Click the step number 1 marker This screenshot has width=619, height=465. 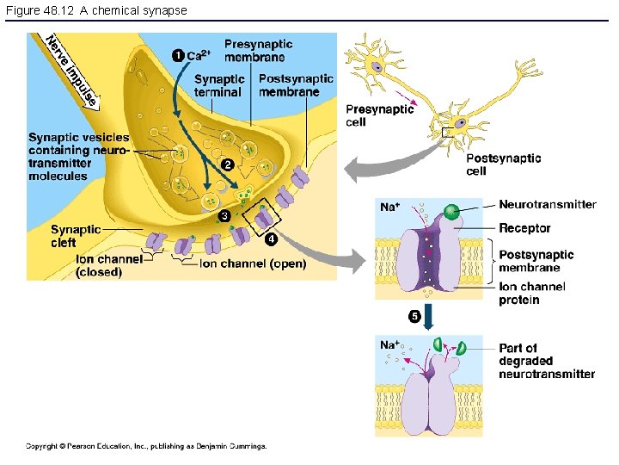176,56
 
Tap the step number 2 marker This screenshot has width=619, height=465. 228,164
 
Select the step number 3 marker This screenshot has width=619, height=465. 223,214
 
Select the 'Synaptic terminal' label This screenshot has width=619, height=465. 219,86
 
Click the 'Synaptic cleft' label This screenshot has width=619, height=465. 76,236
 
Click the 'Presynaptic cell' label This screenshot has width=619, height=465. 380,115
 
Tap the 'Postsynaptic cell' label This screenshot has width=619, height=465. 503,164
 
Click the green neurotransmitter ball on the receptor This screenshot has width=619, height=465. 450,212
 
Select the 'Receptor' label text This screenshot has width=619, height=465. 524,228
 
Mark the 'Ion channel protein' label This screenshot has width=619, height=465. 532,293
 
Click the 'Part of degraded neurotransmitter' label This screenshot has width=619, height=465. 546,361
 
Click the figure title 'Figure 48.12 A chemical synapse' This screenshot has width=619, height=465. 95,10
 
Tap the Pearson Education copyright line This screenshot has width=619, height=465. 146,446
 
